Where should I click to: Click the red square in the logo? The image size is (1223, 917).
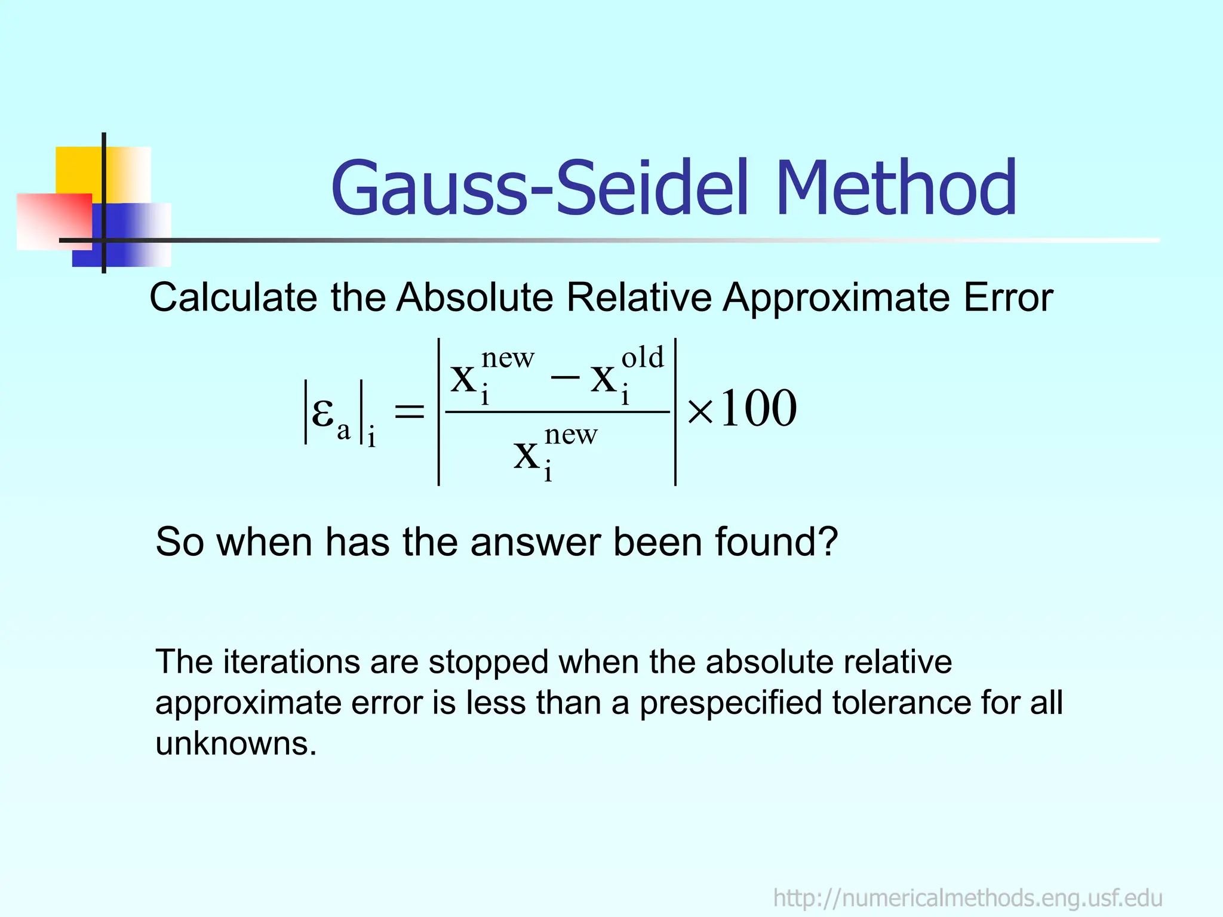tap(54, 221)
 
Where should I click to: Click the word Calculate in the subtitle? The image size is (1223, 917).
tap(233, 297)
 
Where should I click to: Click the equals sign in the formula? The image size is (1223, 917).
tap(409, 411)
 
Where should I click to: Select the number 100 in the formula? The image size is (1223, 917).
tap(758, 410)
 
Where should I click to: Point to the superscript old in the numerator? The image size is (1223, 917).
tap(643, 358)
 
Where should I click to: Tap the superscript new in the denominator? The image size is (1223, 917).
tap(571, 435)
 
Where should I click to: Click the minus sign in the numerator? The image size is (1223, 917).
tap(565, 377)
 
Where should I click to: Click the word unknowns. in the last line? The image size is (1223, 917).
tap(236, 744)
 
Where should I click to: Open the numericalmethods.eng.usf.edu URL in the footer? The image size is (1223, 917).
tap(967, 898)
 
